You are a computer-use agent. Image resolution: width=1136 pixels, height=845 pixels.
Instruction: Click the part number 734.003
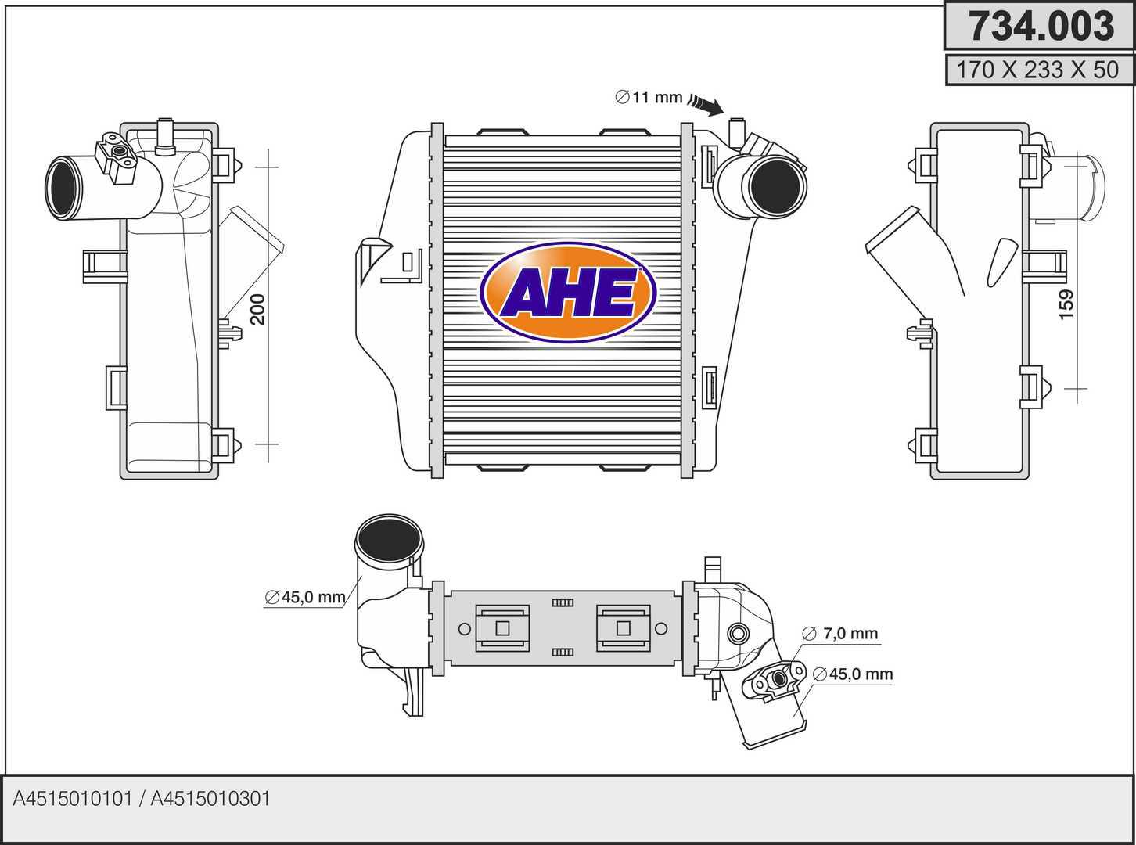click(1040, 26)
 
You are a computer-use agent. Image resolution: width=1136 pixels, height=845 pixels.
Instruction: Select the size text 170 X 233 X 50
click(1037, 70)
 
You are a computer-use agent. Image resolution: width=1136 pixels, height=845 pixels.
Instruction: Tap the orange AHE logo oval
click(567, 293)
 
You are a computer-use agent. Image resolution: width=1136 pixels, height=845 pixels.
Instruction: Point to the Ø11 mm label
click(649, 98)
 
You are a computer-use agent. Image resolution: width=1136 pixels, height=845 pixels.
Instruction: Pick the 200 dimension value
click(258, 310)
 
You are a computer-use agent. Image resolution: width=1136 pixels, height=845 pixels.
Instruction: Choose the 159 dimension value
click(1066, 304)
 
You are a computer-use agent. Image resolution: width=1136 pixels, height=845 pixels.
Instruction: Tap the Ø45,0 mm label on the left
click(305, 598)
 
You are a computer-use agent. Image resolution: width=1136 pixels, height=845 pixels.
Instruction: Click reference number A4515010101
click(74, 799)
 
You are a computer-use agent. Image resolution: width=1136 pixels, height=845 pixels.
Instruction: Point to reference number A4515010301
click(210, 799)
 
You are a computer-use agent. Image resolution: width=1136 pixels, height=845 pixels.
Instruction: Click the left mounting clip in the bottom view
click(502, 627)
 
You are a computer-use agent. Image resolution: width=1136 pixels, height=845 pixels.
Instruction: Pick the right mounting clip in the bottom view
click(623, 627)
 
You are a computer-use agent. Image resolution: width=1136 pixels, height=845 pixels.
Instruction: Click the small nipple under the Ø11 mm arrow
click(735, 129)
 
